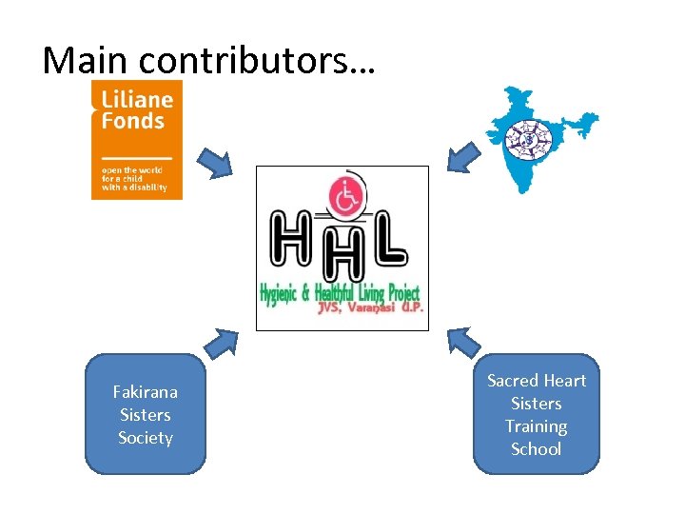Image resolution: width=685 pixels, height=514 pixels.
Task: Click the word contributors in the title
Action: click(257, 60)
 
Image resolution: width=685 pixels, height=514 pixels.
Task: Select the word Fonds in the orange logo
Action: click(132, 121)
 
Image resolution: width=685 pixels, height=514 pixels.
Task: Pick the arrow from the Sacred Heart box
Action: click(464, 341)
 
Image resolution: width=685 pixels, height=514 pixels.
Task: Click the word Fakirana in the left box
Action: click(145, 392)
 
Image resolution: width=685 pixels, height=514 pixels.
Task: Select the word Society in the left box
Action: click(145, 438)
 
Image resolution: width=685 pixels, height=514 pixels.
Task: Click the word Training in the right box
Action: click(536, 426)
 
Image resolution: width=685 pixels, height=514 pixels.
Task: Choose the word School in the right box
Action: click(536, 449)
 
